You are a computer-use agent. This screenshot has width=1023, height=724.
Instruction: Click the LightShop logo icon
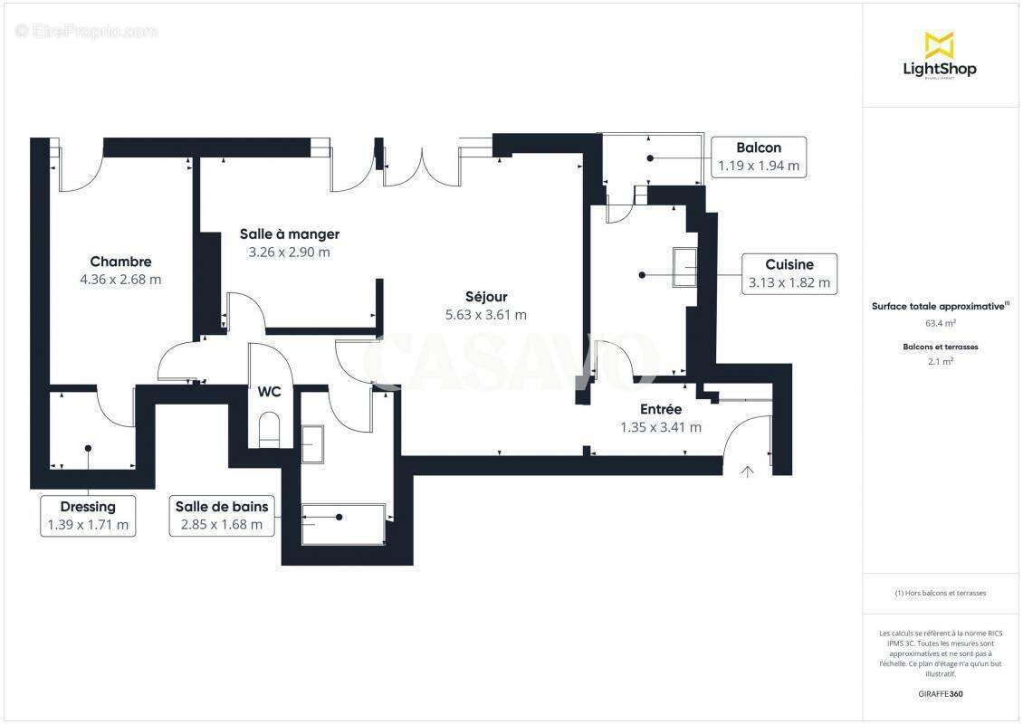pyautogui.click(x=939, y=44)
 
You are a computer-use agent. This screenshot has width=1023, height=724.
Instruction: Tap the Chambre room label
pyautogui.click(x=120, y=262)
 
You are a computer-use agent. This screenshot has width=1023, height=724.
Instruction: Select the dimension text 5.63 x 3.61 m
pyautogui.click(x=485, y=315)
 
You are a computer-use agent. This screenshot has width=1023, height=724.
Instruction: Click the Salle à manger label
pyautogui.click(x=289, y=233)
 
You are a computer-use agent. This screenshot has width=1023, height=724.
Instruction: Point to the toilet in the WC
pyautogui.click(x=270, y=430)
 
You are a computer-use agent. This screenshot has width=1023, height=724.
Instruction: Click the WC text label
pyautogui.click(x=269, y=392)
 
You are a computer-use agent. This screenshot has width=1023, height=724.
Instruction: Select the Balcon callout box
pyautogui.click(x=758, y=157)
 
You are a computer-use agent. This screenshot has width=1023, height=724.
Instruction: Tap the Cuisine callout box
pyautogui.click(x=789, y=273)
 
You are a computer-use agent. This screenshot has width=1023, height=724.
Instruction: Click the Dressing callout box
pyautogui.click(x=88, y=515)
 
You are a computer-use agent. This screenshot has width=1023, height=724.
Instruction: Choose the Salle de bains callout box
pyautogui.click(x=222, y=515)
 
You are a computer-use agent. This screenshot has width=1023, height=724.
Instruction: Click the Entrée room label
pyautogui.click(x=660, y=409)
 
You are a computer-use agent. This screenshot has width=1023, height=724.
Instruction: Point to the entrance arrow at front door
pyautogui.click(x=747, y=471)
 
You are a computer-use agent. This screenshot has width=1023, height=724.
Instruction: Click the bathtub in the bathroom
pyautogui.click(x=343, y=524)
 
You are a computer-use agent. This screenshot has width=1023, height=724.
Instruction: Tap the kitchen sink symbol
pyautogui.click(x=684, y=267)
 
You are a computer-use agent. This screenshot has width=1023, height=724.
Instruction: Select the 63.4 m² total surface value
pyautogui.click(x=941, y=322)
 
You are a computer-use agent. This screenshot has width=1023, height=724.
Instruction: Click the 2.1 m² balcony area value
pyautogui.click(x=941, y=360)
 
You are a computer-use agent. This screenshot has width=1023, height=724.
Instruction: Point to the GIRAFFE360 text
pyautogui.click(x=941, y=694)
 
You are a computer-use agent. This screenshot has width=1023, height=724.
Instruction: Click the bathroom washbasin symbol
pyautogui.click(x=311, y=443)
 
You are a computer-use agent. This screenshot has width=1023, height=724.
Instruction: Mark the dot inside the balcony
pyautogui.click(x=650, y=157)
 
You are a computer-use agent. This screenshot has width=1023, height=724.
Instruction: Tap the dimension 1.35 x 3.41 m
pyautogui.click(x=660, y=427)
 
